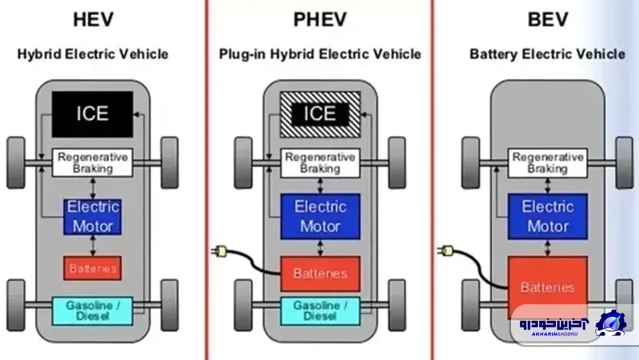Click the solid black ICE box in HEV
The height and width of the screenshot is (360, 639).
93,114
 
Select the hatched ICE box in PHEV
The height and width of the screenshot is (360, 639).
320,114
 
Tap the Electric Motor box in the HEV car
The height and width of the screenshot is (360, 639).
93,217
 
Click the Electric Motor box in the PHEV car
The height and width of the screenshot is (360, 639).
320,217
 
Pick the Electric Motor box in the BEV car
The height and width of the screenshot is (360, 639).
548,217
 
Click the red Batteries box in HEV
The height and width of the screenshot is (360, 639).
93,269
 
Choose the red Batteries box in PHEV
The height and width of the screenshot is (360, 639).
320,274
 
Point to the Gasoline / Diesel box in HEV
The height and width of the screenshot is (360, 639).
93,311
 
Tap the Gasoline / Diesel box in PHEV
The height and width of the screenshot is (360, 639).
320,311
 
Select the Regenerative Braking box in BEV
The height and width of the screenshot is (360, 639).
548,162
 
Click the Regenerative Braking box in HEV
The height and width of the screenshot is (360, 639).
93,162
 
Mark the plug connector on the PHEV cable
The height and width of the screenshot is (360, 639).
219,251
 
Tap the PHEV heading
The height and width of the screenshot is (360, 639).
320,20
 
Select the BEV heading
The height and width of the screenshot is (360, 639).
548,20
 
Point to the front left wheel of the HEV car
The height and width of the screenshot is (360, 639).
16,162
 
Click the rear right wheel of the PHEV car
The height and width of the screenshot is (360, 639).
397,305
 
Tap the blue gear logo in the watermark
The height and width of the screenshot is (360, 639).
610,324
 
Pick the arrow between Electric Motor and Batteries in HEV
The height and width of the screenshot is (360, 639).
93,246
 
